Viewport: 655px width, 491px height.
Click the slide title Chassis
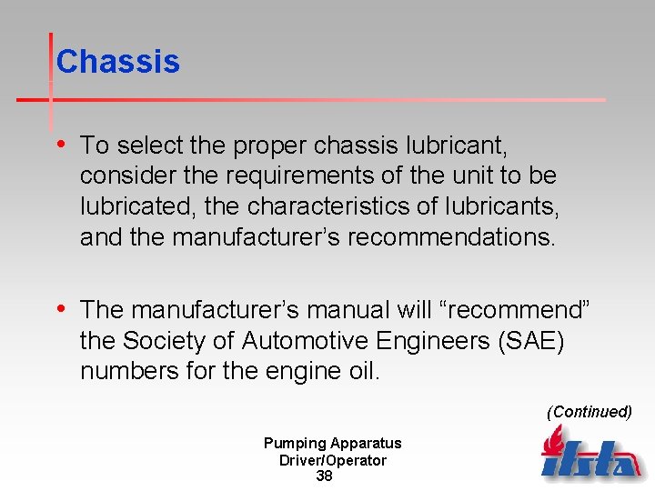click(117, 62)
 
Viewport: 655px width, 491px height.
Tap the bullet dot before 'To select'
click(60, 144)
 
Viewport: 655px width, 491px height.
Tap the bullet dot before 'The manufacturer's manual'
click(60, 309)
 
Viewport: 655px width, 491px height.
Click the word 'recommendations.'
click(452, 237)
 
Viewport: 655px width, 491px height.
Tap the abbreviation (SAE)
click(543, 341)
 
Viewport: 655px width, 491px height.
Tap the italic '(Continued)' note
click(589, 412)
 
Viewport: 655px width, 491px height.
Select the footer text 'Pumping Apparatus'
click(332, 444)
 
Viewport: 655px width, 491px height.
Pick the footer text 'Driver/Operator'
click(332, 461)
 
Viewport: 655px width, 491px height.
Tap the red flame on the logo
click(552, 442)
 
